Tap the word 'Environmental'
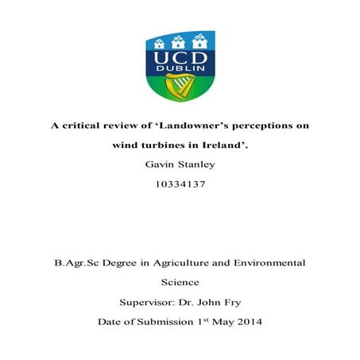(x=275, y=261)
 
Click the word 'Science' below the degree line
(x=180, y=281)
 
